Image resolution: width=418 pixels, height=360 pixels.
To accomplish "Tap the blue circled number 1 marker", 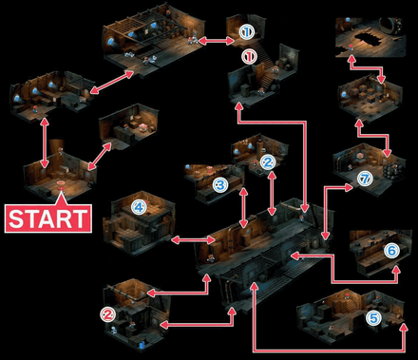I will point(246,31).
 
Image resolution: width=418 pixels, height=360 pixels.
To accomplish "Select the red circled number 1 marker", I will point(249,57).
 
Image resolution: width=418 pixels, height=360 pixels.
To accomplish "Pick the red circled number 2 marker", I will point(108,313).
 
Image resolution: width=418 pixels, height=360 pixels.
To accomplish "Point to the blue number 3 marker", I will point(220,183).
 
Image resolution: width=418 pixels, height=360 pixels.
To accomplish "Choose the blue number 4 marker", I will point(139,205).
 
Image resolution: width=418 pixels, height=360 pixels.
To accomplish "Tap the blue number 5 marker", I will point(373,318).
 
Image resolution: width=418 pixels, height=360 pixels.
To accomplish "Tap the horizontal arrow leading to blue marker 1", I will point(217,41).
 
